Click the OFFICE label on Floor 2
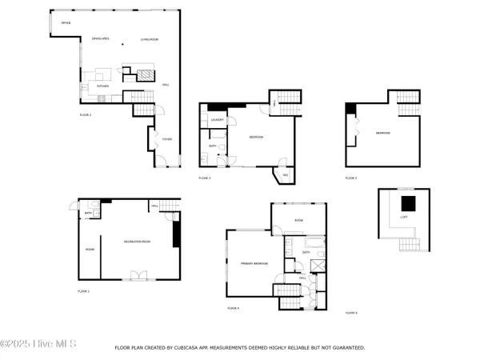coord(66,23)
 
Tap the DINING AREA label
coord(100,38)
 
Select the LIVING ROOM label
coord(150,38)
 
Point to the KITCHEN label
coord(102,85)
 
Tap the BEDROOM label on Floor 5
coord(383,133)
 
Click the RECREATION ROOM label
coord(137,241)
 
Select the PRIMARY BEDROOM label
coord(254,263)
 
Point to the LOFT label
coord(405,217)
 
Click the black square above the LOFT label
coord(408,202)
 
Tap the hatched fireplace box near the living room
coord(145,76)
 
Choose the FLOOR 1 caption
coord(83,291)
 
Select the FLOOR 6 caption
coord(351,312)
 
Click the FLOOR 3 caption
coord(205,178)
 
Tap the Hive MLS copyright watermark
coord(38,344)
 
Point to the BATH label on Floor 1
coord(87,213)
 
